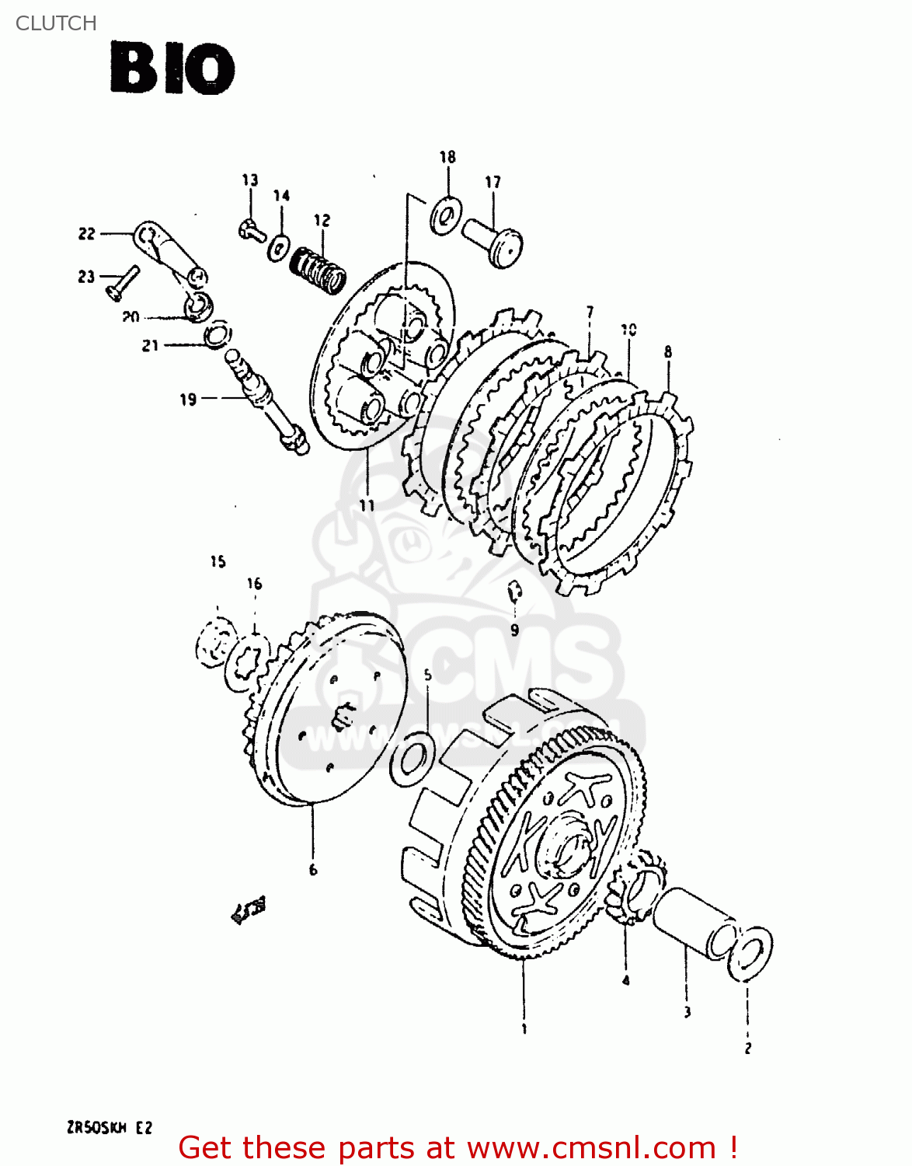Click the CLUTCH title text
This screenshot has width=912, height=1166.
point(56,23)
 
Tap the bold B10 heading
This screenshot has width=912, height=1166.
point(172,69)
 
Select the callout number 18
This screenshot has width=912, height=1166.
point(447,157)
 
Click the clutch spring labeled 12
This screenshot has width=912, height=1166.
point(318,269)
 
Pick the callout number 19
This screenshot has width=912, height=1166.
point(188,400)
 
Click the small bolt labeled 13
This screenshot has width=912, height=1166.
point(250,230)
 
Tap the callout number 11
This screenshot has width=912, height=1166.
point(367,505)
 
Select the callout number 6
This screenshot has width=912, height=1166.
point(313,869)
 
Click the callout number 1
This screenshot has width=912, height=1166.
point(524,1028)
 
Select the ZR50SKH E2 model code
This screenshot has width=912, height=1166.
point(110,1128)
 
